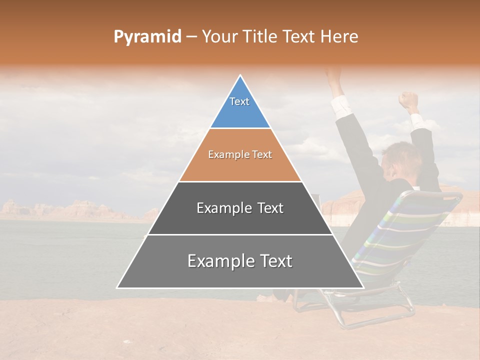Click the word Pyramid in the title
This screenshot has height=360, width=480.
point(147,37)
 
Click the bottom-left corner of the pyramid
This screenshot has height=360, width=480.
point(118,287)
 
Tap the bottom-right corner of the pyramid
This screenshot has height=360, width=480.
point(362,287)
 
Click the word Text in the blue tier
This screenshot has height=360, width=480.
point(239,101)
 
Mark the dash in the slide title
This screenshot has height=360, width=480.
point(191,37)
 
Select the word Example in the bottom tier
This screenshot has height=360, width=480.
point(216,261)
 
